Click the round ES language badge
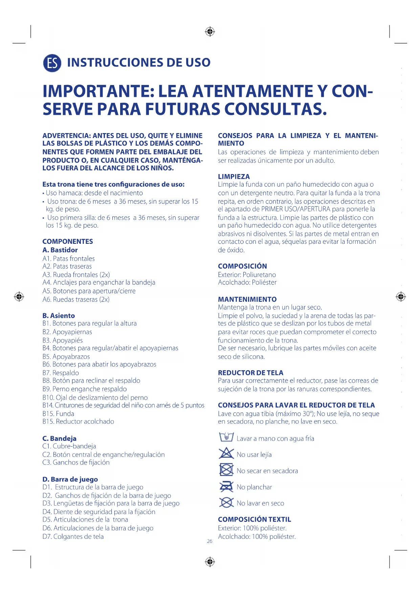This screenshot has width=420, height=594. [52, 63]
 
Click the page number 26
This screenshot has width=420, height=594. [209, 541]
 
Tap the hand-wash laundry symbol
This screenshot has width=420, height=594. [226, 437]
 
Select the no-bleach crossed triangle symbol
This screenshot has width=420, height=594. [226, 453]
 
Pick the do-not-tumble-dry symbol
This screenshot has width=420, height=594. [226, 470]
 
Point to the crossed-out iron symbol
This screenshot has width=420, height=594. [226, 486]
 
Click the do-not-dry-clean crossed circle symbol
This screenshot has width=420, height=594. [226, 503]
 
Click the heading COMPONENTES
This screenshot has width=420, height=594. [68, 241]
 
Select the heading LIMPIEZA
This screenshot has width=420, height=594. [234, 176]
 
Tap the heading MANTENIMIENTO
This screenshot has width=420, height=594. [247, 299]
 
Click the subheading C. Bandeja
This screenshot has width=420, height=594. [60, 439]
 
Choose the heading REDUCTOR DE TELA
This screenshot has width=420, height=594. [250, 373]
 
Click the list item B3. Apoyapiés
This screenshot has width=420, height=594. [63, 340]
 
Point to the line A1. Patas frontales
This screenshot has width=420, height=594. [69, 259]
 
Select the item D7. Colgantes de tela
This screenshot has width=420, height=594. [73, 536]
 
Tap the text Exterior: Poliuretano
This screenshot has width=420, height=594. [247, 275]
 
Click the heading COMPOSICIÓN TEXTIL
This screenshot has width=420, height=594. [255, 519]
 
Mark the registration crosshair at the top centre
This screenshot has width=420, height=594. [210, 32]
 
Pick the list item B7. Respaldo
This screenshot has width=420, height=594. [61, 373]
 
